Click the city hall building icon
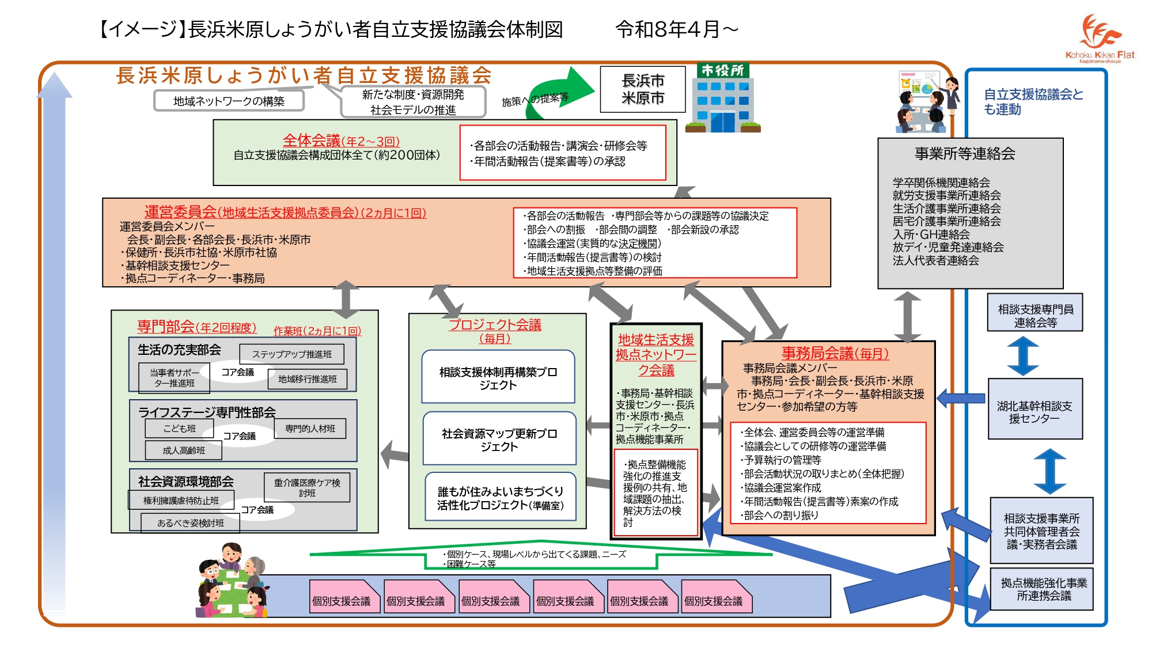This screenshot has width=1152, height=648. [723, 98]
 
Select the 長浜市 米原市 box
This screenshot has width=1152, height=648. [643, 89]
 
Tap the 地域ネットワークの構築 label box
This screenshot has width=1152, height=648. [229, 101]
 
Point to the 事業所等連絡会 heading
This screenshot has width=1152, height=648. [965, 153]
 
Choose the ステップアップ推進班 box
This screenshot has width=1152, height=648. [291, 354]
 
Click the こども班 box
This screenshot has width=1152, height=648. [179, 429]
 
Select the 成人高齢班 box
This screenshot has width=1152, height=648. [183, 450]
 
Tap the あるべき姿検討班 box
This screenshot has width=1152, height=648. [190, 523]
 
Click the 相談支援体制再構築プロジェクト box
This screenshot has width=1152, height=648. [498, 377]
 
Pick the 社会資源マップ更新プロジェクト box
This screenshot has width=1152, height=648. [499, 439]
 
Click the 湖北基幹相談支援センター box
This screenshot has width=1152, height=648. [1035, 409]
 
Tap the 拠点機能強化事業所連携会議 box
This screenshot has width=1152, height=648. [1043, 589]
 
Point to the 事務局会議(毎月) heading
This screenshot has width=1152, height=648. [835, 353]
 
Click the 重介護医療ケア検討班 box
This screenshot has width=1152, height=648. [307, 487]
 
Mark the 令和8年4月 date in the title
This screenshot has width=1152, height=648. [668, 29]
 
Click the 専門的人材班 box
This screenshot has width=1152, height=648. [310, 429]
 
